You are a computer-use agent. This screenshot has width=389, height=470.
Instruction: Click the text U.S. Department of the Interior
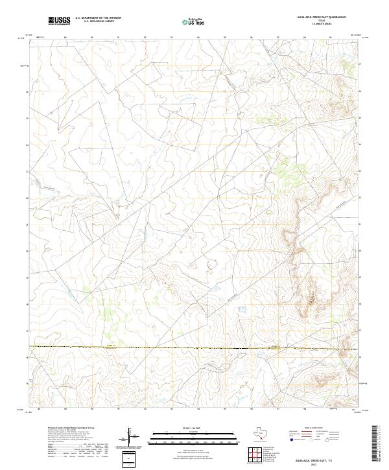coord(98,18)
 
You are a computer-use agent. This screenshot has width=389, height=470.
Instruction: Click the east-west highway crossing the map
coord(194,348)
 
